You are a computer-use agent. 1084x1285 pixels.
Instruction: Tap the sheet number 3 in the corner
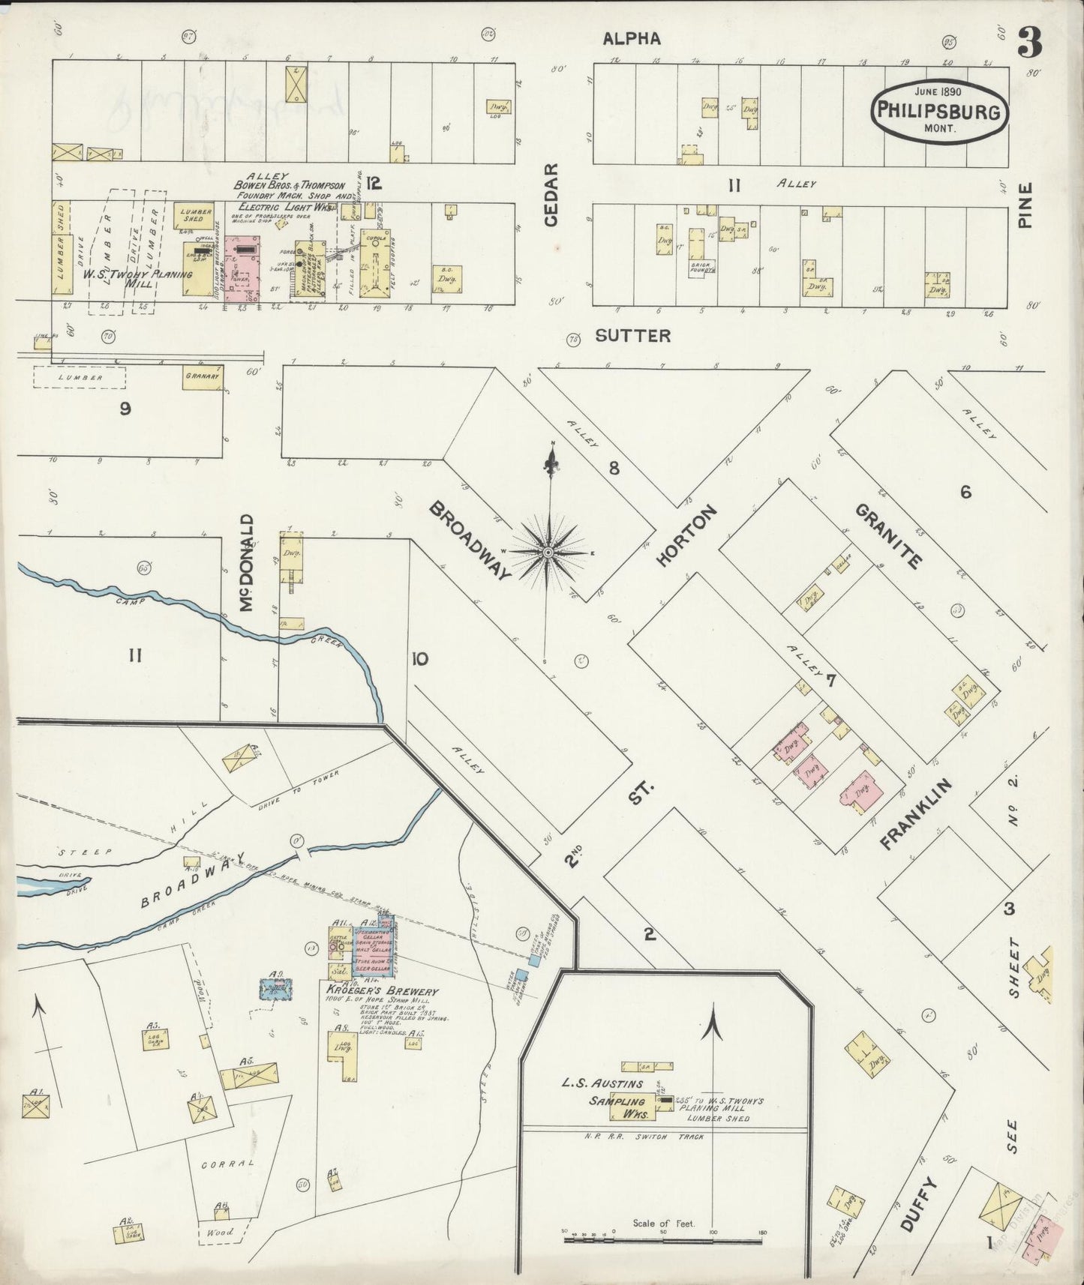1028,45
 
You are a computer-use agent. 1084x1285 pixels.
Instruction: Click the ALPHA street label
632,39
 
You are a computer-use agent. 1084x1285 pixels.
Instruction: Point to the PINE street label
1025,205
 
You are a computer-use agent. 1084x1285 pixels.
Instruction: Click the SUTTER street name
633,336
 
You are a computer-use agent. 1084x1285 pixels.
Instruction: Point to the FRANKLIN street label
916,813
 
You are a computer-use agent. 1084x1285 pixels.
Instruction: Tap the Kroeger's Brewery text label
381,991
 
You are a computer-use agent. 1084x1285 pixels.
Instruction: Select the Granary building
203,377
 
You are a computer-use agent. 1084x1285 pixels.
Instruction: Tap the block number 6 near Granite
965,493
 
